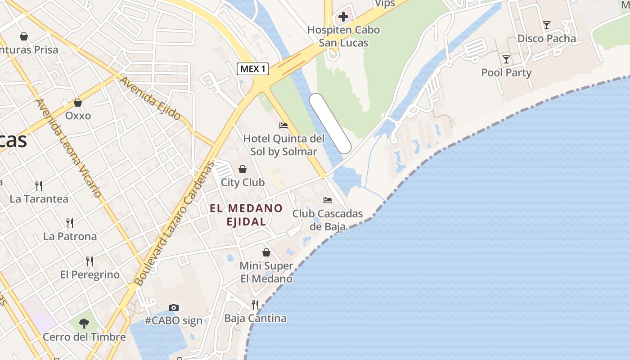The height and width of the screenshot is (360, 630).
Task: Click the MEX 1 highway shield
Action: coord(253,69)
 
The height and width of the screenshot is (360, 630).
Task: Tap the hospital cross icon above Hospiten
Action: coord(343,17)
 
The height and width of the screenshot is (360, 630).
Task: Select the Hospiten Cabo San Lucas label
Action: coord(343,36)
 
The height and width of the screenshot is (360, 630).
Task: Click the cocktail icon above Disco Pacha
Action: coord(546,25)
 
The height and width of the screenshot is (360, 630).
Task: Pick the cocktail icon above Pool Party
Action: coord(506,59)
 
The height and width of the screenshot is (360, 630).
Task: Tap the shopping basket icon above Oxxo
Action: coord(78,103)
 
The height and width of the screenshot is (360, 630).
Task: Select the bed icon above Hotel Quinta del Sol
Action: coord(283,125)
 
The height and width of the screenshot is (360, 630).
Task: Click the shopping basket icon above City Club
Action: coord(243,169)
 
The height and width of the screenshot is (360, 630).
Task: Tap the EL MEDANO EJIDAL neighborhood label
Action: coord(246,215)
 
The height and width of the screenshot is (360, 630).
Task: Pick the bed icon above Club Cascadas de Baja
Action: coord(328,200)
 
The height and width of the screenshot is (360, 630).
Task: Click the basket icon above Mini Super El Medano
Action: coord(266,252)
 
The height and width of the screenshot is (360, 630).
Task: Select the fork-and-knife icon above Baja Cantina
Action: coord(255,305)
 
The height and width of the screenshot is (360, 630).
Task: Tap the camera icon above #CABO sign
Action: coord(174,308)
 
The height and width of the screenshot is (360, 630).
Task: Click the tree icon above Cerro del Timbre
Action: coord(84,323)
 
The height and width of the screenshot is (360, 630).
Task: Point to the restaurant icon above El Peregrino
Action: coord(90,261)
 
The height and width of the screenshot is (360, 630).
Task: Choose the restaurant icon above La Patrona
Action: coord(70,223)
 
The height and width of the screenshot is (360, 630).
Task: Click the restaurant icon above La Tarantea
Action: coord(39,185)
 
